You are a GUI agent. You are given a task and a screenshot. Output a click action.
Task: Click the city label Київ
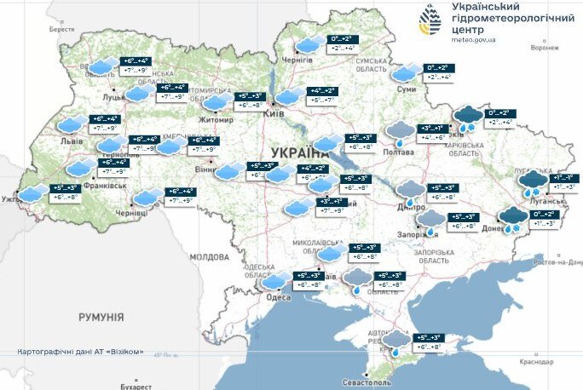coord(274,112)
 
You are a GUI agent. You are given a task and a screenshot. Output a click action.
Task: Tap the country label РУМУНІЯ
coord(101,317)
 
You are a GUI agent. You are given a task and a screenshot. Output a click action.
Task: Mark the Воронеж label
coord(543,48)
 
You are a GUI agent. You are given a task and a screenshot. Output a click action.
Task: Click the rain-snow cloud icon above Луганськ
coord(534,182)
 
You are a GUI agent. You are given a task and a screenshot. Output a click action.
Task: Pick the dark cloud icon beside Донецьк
coord(513,218)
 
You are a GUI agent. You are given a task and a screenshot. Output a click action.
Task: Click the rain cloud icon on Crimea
coord(395,342)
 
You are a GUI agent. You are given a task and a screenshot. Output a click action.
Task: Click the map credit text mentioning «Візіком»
coord(81,353)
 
